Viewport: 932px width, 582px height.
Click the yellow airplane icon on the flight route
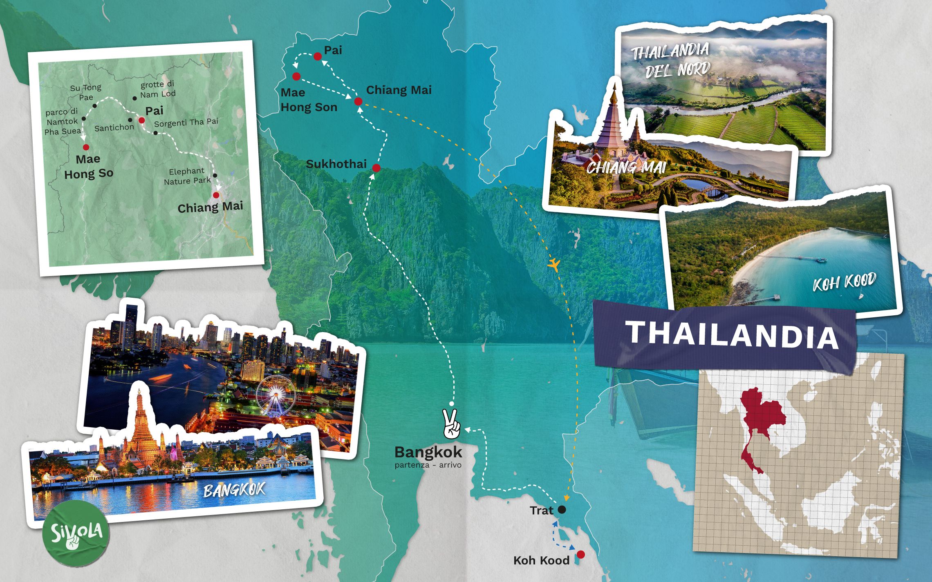(554, 264)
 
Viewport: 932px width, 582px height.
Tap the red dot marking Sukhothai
(376, 168)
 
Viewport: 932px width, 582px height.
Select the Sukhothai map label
(336, 164)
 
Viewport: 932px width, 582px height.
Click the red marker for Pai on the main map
(318, 56)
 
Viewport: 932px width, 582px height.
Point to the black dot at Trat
(562, 510)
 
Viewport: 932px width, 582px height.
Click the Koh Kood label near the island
(541, 560)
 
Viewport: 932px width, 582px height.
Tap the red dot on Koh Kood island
(580, 554)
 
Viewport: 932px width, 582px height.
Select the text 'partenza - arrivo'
(428, 465)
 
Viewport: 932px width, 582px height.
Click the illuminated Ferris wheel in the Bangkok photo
(276, 395)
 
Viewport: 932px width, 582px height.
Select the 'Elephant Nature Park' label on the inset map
(187, 176)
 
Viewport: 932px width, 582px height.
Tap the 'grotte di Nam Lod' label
(158, 89)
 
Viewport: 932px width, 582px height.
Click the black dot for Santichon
(130, 120)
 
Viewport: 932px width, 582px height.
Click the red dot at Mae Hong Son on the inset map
(86, 147)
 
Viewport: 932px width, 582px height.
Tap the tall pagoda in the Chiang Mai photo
(612, 123)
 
